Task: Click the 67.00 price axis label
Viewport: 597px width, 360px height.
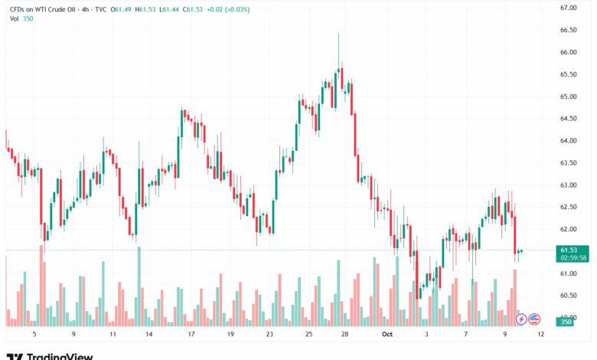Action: point(568,8)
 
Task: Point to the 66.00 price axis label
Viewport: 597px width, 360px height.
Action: point(568,52)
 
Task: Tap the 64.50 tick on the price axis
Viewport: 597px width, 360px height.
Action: point(568,119)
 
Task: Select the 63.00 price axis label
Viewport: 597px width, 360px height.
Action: point(568,185)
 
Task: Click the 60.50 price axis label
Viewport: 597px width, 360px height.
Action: point(568,296)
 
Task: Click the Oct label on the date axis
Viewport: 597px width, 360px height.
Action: point(387,334)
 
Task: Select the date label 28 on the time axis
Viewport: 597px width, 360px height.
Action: point(345,334)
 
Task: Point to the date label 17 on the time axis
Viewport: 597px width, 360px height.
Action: point(191,334)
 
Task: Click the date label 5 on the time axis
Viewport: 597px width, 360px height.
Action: point(34,334)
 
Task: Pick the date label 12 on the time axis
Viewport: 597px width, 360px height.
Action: point(540,334)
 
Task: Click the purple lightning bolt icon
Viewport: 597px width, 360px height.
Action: point(521,319)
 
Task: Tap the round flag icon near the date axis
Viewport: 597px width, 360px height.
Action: point(534,319)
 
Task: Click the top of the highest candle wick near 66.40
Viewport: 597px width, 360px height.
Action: point(338,34)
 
